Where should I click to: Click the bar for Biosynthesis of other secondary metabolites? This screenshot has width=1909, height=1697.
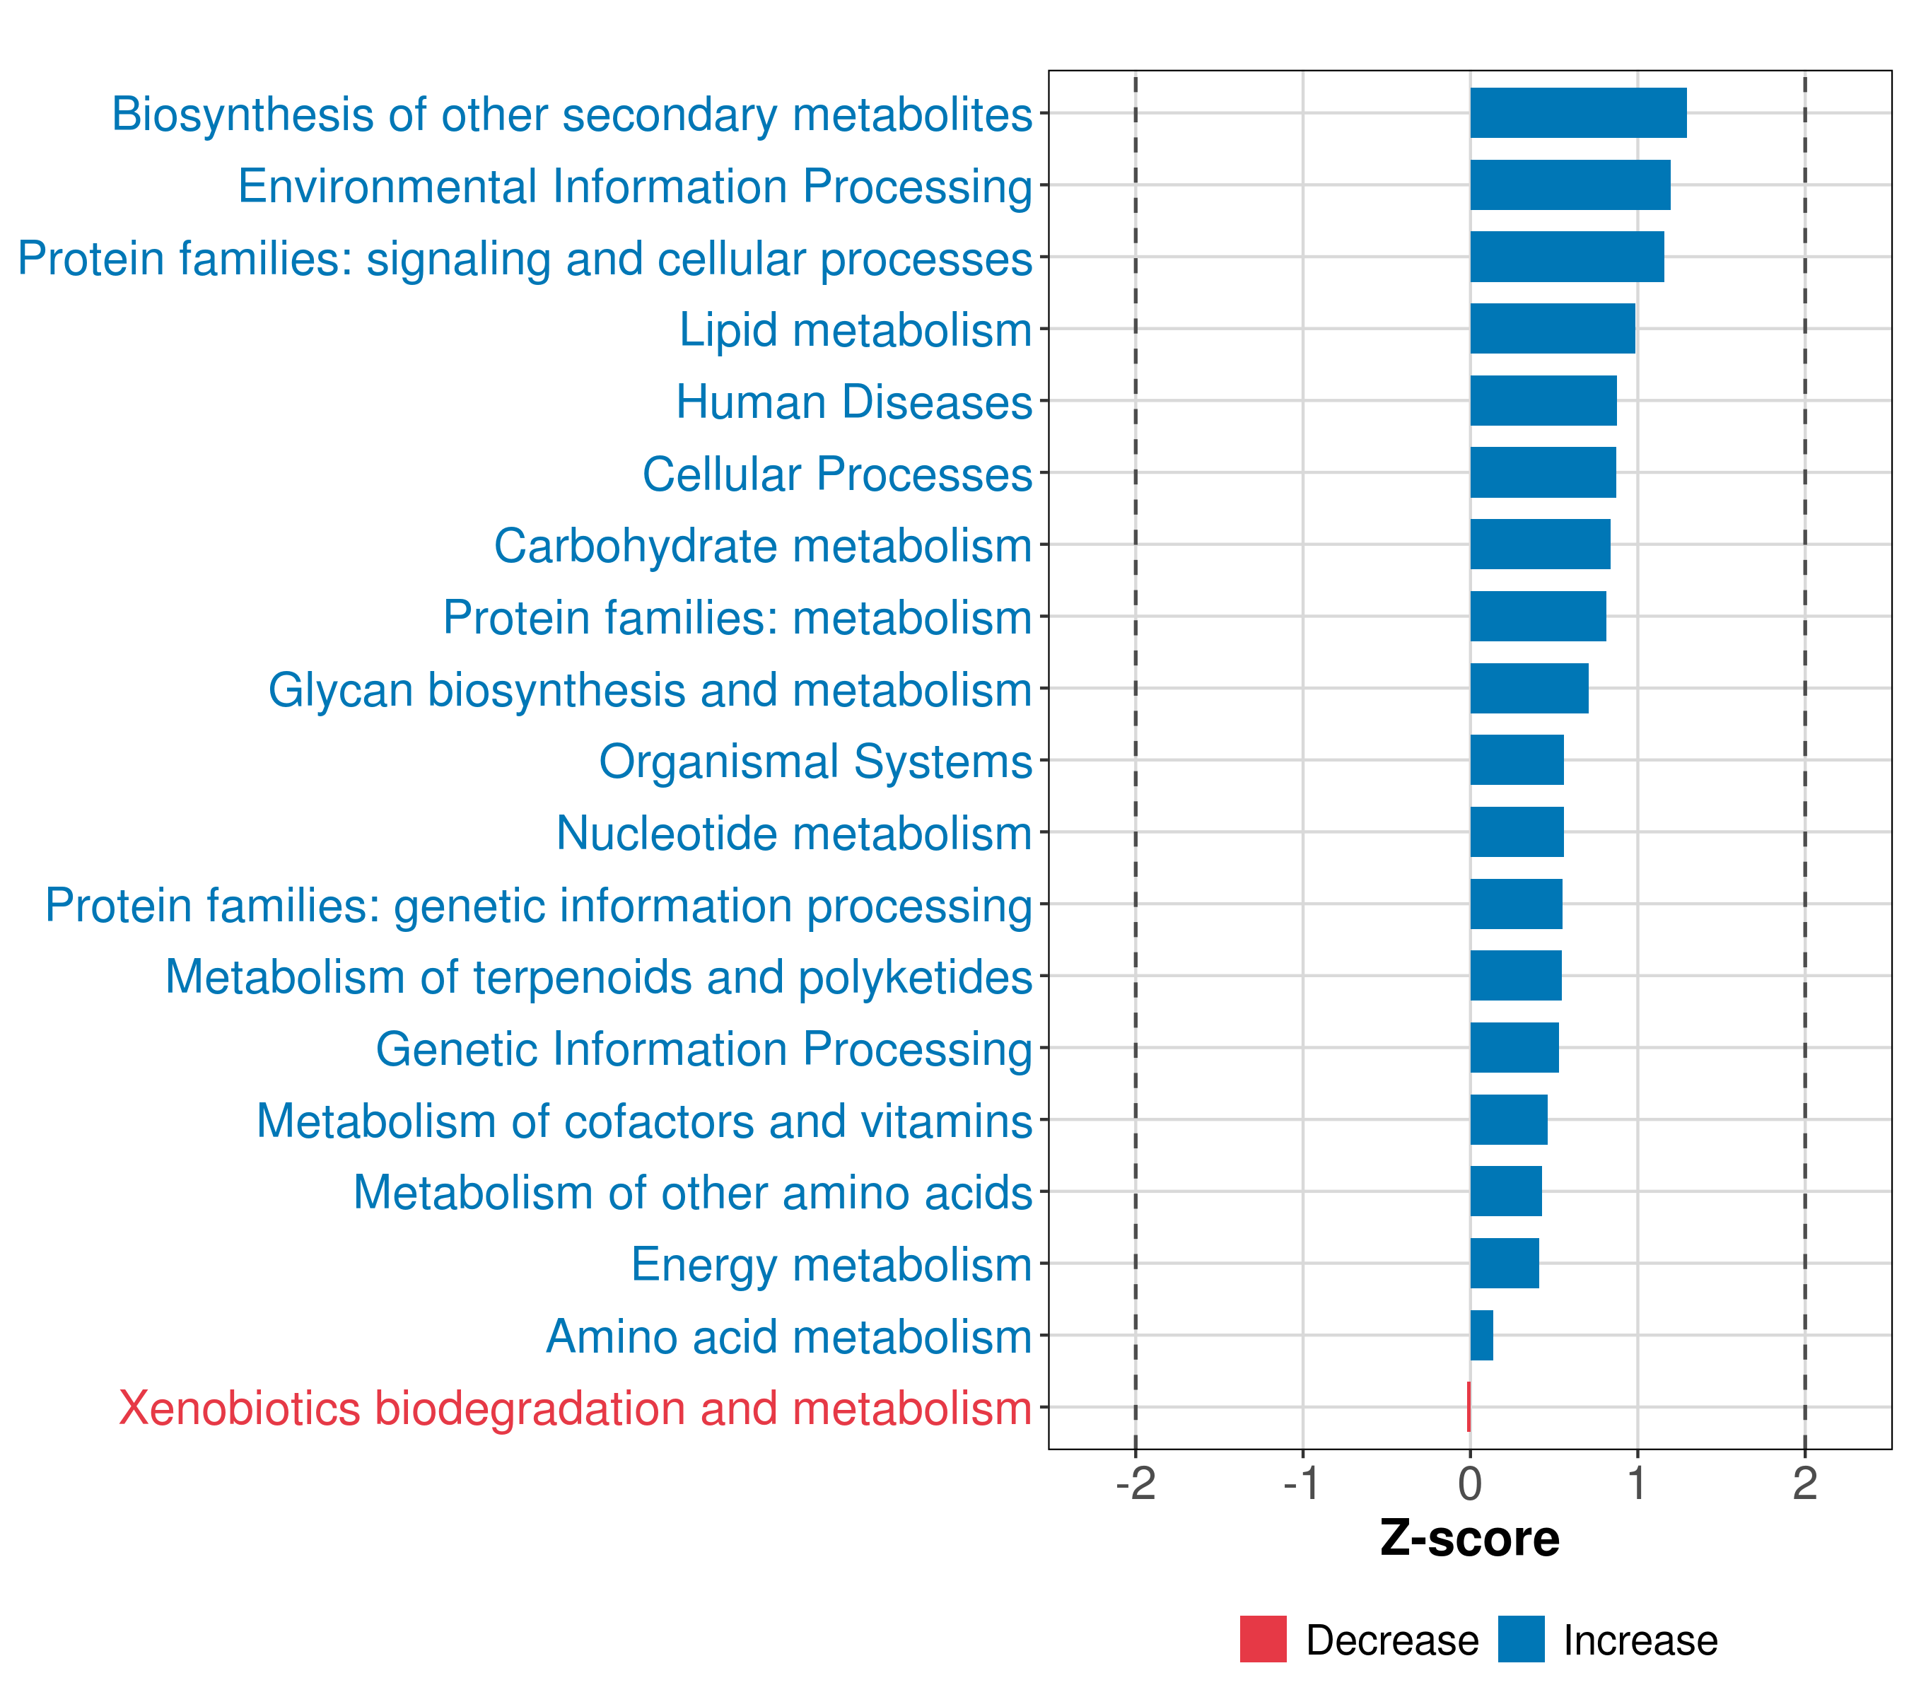coord(1577,113)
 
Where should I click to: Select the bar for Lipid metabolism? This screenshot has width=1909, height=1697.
coord(1552,329)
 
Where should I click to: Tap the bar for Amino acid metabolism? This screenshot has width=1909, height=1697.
coord(1481,1335)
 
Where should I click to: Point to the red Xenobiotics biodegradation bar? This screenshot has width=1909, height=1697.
coord(1469,1406)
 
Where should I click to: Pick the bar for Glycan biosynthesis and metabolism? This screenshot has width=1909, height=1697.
coord(1529,688)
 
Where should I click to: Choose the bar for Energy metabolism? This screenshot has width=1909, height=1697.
coord(1505,1263)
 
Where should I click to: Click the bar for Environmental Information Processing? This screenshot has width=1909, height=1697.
coord(1570,185)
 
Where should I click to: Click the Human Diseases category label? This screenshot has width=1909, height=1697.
coord(853,402)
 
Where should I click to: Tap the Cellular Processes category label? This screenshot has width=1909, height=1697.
coord(837,474)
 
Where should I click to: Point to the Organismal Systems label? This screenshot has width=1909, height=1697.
coord(815,762)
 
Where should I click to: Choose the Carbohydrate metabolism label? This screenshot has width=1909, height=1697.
coord(762,547)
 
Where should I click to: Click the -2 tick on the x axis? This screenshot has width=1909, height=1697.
coord(1135,1484)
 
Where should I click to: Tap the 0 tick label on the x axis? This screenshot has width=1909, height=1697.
coord(1470,1484)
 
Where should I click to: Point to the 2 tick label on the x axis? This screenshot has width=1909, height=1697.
coord(1804,1484)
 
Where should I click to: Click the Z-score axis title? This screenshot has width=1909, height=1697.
coord(1469,1539)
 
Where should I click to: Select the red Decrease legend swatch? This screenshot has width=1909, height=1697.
coord(1263,1639)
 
